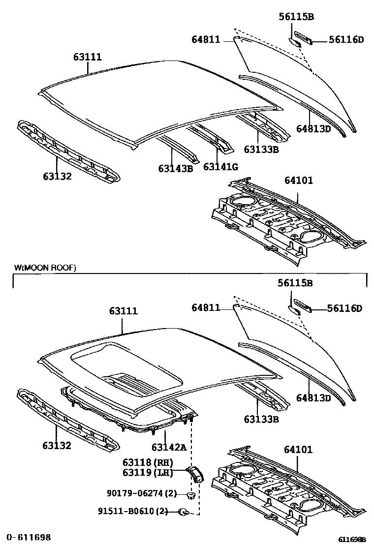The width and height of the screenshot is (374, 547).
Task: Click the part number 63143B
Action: click(175, 168)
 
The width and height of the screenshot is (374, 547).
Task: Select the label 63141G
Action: click(220, 167)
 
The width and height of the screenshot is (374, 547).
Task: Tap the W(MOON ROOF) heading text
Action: click(45, 268)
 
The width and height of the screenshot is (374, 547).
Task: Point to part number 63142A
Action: click(169, 447)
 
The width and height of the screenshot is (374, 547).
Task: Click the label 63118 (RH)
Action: click(148, 462)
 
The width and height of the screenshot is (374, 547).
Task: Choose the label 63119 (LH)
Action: click(148, 473)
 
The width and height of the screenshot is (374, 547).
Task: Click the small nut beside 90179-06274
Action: click(192, 494)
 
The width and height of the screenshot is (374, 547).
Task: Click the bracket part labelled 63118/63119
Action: click(197, 474)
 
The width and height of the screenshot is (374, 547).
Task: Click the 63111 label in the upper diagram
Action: click(88, 57)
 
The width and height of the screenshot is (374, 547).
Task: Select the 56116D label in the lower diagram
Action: click(344, 308)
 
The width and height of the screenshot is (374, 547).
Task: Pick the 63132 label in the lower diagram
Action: click(57, 446)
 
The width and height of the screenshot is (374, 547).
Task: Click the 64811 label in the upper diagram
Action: click(206, 40)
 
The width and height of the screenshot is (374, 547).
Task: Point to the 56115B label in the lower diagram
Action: click(296, 283)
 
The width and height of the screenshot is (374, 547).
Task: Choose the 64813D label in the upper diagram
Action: click(313, 129)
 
